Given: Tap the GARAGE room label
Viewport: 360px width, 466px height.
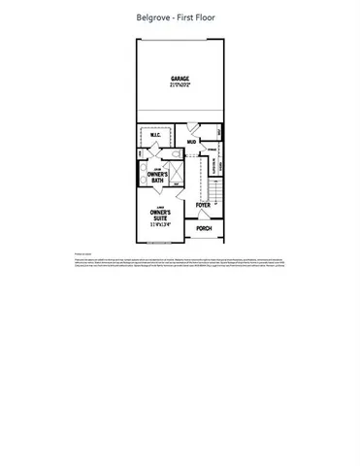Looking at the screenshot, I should pyautogui.click(x=180, y=78).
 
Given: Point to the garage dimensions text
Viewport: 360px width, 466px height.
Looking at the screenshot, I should pyautogui.click(x=180, y=83).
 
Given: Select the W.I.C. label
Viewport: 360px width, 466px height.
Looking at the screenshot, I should pyautogui.click(x=155, y=136).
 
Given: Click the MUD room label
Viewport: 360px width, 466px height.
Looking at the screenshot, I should pyautogui.click(x=191, y=142).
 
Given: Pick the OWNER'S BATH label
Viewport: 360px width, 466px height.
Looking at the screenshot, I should pyautogui.click(x=158, y=177).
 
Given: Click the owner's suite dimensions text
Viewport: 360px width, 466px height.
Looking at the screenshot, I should pyautogui.click(x=160, y=224).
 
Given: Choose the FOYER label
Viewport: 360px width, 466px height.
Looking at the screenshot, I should pyautogui.click(x=203, y=206).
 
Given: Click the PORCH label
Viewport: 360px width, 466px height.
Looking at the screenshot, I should pyautogui.click(x=204, y=228).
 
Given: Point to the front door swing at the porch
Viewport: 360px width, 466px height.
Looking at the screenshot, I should pyautogui.click(x=204, y=216).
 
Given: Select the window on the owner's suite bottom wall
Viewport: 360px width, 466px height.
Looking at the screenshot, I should pyautogui.click(x=158, y=242).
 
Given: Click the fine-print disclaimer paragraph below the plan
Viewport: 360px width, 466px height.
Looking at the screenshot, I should pyautogui.click(x=180, y=263).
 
